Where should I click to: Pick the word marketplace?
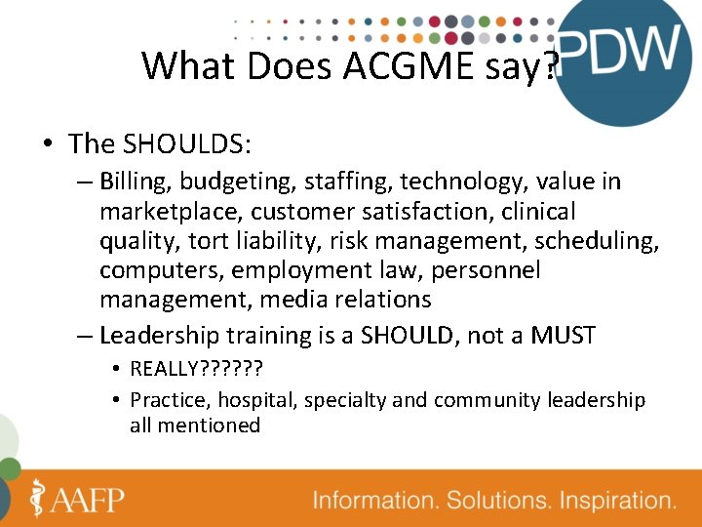(171, 211)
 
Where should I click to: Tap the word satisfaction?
(454, 211)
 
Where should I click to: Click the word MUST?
(563, 336)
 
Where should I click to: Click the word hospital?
(253, 400)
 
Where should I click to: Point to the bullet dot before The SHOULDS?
(47, 145)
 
